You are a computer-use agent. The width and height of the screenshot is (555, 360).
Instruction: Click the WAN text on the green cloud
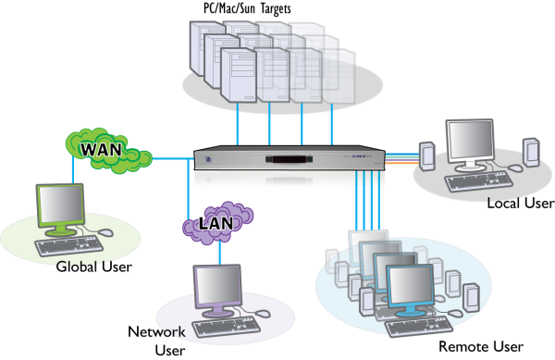[x=101, y=149]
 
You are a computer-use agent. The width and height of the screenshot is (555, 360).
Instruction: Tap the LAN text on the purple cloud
[x=216, y=223]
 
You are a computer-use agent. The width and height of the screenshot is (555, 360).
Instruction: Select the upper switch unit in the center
[x=289, y=157]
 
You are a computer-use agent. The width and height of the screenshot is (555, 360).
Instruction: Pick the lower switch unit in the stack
[x=289, y=180]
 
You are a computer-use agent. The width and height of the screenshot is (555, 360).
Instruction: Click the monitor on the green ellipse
[x=60, y=205]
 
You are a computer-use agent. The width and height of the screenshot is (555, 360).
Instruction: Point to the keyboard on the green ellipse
[x=68, y=246]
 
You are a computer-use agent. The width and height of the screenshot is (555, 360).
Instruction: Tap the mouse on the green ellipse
[x=105, y=233]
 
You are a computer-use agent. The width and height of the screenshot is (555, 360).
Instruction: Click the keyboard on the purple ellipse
[x=225, y=327]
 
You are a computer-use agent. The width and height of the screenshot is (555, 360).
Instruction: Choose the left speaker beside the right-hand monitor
[x=426, y=155]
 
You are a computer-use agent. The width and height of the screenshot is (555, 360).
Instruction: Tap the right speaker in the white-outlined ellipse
[x=530, y=152]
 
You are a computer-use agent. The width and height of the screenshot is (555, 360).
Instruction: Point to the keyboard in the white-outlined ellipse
[x=477, y=181]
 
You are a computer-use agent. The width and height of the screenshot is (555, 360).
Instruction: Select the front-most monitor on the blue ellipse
[x=410, y=287]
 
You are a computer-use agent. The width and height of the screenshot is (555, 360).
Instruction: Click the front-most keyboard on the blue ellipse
[x=417, y=326]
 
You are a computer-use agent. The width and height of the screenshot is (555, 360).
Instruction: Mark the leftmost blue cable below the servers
[x=238, y=124]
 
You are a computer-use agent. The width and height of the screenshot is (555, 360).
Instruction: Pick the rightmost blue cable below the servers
[x=332, y=124]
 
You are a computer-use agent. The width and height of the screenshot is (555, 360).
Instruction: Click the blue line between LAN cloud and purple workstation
[x=219, y=253]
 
